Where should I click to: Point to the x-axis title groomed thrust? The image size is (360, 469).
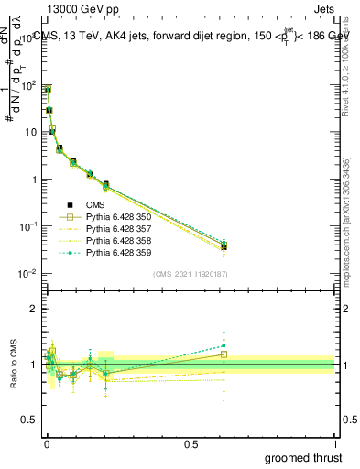click(302, 457)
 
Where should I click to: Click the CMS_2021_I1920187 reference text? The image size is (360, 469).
click(190, 275)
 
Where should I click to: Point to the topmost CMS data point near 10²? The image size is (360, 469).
click(47, 91)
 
